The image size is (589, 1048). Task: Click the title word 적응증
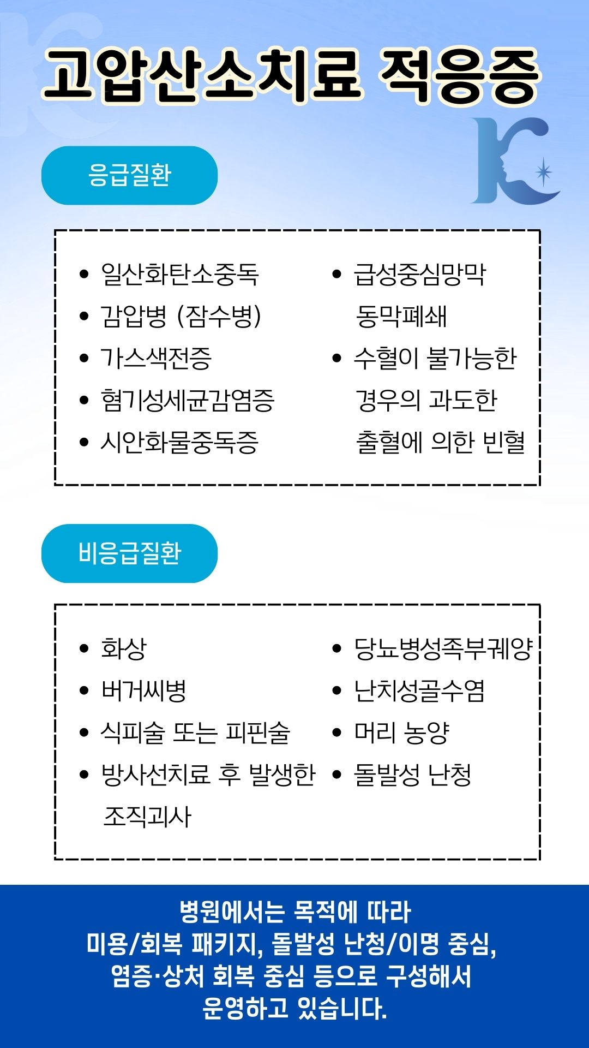(460, 76)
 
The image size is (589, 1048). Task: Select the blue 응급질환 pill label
(129, 175)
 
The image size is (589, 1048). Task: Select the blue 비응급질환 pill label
(129, 553)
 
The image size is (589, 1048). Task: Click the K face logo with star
(514, 161)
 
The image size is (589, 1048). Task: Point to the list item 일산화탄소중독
(179, 274)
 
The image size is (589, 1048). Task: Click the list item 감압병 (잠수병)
(181, 316)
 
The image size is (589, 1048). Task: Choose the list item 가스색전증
(155, 358)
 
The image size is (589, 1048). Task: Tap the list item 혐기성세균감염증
(187, 400)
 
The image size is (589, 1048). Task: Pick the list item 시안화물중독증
(179, 442)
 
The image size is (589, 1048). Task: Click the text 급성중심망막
(419, 274)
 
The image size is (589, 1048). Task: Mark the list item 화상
(124, 648)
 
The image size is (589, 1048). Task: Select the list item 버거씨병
(143, 690)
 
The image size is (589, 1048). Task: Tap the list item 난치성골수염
(419, 690)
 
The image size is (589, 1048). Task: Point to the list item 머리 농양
(402, 733)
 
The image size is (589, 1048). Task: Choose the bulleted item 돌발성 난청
(413, 775)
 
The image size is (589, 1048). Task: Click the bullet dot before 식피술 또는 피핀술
(84, 733)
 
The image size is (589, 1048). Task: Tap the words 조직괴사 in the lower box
(147, 817)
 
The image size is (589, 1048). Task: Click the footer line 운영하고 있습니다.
(294, 1008)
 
